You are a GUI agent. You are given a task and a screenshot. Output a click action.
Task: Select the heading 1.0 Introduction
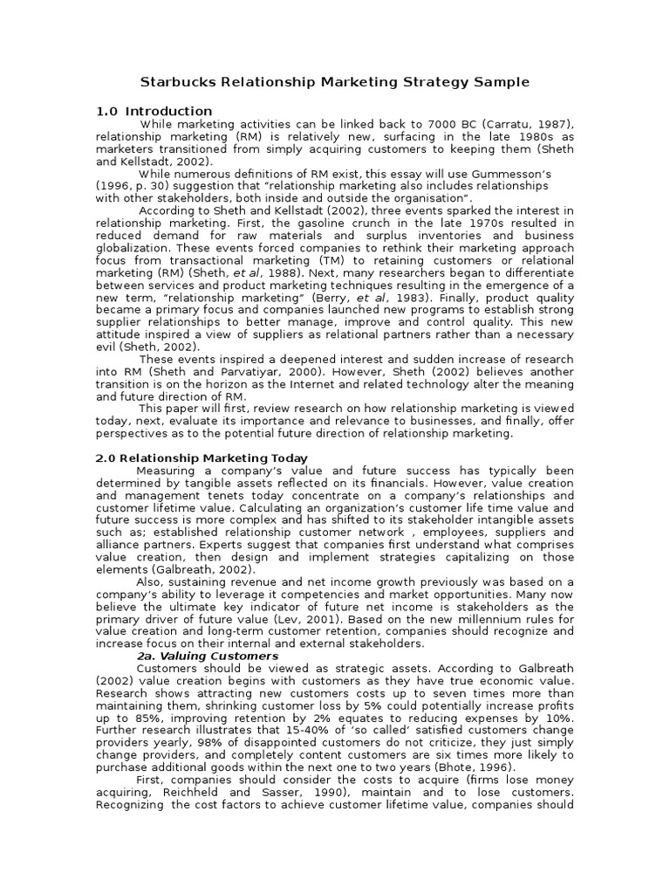(154, 111)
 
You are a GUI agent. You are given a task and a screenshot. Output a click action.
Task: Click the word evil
(106, 347)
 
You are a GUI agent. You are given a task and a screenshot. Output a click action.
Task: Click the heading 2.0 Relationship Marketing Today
(201, 457)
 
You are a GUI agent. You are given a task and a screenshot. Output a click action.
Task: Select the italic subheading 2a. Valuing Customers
(208, 656)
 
